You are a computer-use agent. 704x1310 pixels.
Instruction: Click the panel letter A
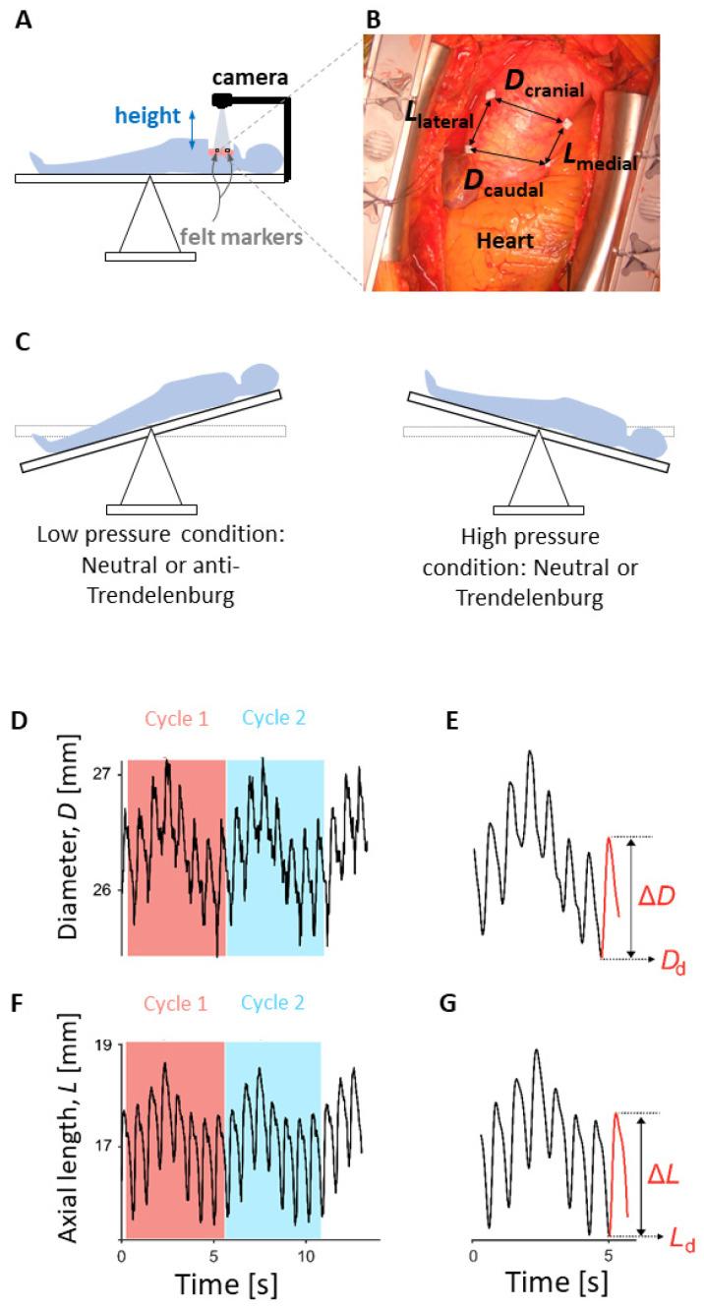pos(21,19)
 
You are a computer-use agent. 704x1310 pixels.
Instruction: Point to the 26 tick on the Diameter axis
pos(103,890)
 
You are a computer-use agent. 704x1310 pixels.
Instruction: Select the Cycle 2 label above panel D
pos(272,718)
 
